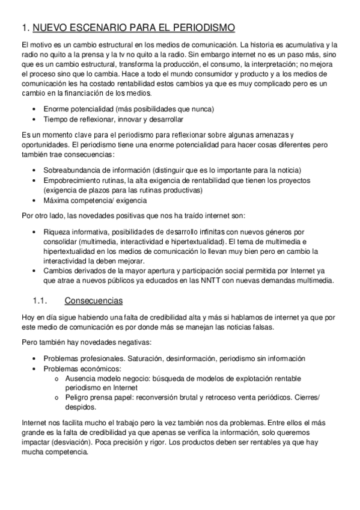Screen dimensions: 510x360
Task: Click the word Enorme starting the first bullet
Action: pyautogui.click(x=56, y=109)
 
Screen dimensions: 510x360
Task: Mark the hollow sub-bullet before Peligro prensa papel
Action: pyautogui.click(x=56, y=398)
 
